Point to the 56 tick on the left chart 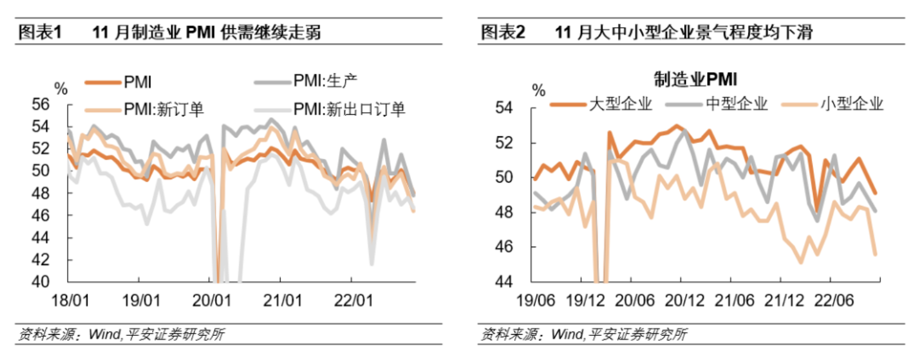point(57,104)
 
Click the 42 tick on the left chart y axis point(57,260)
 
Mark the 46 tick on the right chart point(521,247)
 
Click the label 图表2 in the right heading point(502,32)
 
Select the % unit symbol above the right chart point(538,91)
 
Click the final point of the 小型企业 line point(875,254)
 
